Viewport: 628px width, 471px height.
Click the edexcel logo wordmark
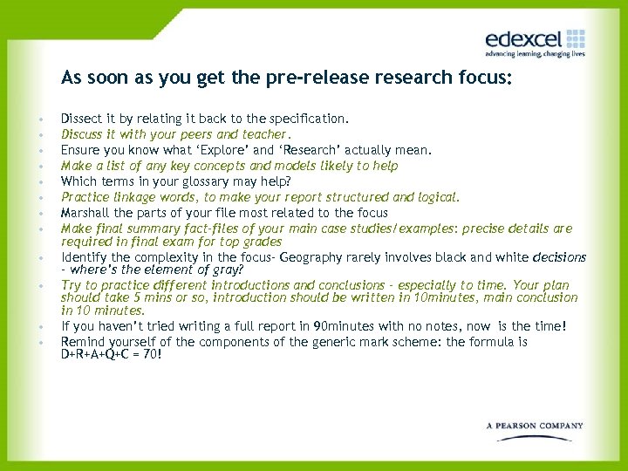pyautogui.click(x=524, y=38)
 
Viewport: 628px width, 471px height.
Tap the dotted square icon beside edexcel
pyautogui.click(x=576, y=38)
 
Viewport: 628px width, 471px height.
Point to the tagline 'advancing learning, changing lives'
pyautogui.click(x=535, y=54)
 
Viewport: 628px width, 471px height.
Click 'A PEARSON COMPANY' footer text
pyautogui.click(x=535, y=426)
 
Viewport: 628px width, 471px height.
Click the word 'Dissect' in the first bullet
pyautogui.click(x=80, y=118)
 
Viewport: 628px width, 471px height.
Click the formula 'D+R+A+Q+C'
pyautogui.click(x=99, y=355)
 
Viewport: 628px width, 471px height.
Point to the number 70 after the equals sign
pyautogui.click(x=154, y=355)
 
